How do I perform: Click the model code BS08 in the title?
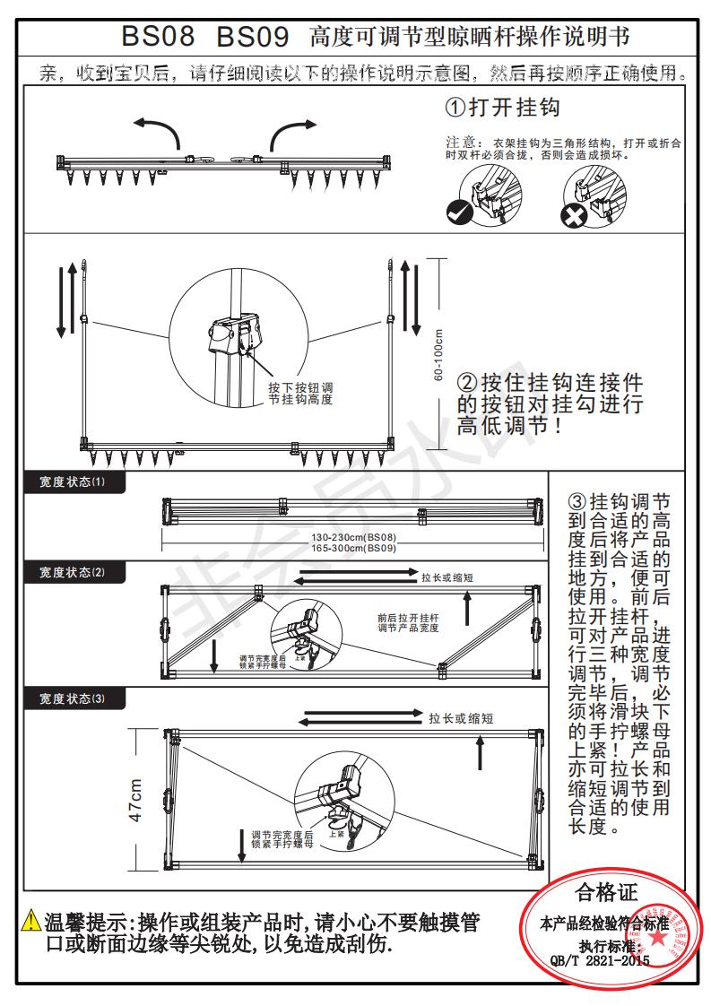[x=158, y=37]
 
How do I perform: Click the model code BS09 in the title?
[x=252, y=37]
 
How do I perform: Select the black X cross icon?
[x=573, y=214]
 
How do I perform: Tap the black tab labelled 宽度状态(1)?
[x=73, y=482]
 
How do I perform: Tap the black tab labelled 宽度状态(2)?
[x=73, y=572]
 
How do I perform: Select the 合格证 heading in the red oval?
[x=605, y=893]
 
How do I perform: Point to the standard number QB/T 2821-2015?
[x=600, y=960]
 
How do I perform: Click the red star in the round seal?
[x=658, y=935]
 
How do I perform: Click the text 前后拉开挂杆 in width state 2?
[x=408, y=617]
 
